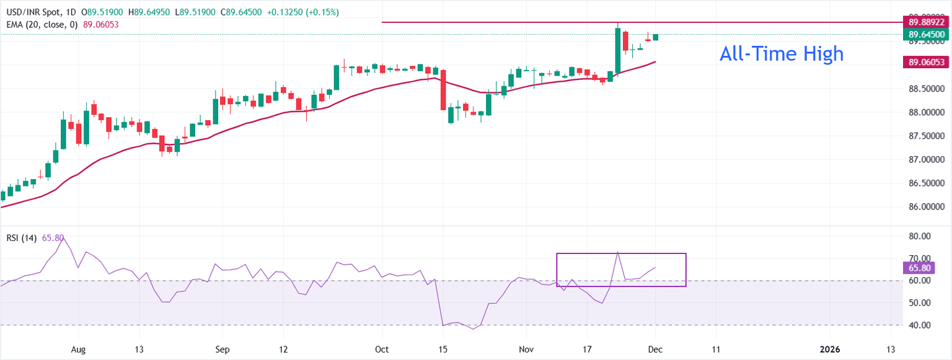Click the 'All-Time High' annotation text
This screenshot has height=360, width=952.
781,54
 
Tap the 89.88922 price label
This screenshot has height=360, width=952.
927,22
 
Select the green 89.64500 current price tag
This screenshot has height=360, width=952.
927,35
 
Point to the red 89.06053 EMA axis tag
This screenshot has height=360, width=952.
927,62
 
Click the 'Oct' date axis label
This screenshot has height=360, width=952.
382,349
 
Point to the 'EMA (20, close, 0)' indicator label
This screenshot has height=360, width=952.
41,24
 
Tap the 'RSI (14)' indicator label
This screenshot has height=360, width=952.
22,237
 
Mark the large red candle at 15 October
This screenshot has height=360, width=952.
443,89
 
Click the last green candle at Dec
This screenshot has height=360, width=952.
656,37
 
